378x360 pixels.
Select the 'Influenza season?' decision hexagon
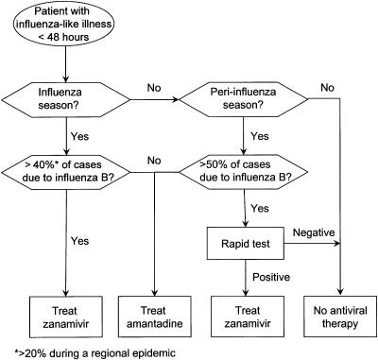point(65,98)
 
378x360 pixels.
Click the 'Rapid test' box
point(248,249)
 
